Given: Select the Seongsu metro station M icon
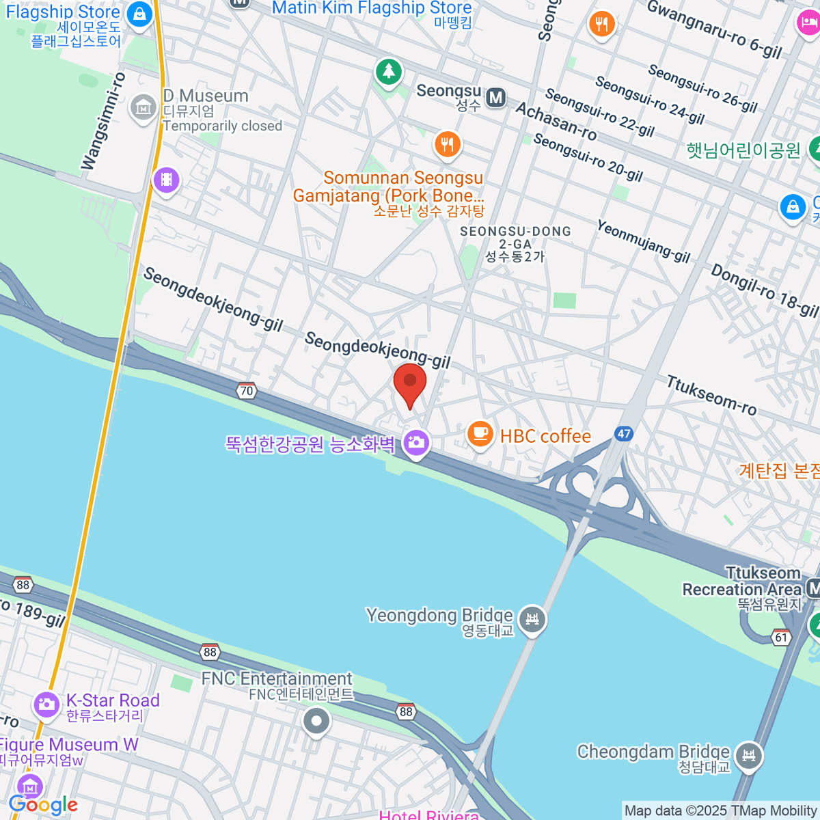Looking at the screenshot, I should pyautogui.click(x=496, y=98).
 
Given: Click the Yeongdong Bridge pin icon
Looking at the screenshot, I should pyautogui.click(x=532, y=619).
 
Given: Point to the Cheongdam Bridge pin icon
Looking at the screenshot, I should pyautogui.click(x=750, y=756).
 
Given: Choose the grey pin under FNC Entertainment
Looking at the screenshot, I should pyautogui.click(x=316, y=721).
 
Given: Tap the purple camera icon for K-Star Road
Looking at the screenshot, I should pyautogui.click(x=46, y=704).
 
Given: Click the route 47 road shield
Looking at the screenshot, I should pyautogui.click(x=623, y=433).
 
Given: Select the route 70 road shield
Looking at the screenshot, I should pyautogui.click(x=246, y=391).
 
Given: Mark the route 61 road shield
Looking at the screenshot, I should pyautogui.click(x=781, y=638).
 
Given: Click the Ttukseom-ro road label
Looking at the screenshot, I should pyautogui.click(x=711, y=396).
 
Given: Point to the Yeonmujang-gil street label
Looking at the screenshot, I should pyautogui.click(x=643, y=241).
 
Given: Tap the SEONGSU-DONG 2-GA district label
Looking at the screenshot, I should pyautogui.click(x=515, y=243).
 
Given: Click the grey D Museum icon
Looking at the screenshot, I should pyautogui.click(x=143, y=107).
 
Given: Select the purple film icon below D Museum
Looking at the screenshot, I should pyautogui.click(x=167, y=180).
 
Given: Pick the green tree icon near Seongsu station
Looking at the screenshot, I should pyautogui.click(x=389, y=70).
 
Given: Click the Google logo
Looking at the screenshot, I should pyautogui.click(x=43, y=804).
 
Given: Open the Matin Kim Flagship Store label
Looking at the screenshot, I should pyautogui.click(x=372, y=8).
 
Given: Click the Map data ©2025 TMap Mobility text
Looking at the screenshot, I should pyautogui.click(x=721, y=811).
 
